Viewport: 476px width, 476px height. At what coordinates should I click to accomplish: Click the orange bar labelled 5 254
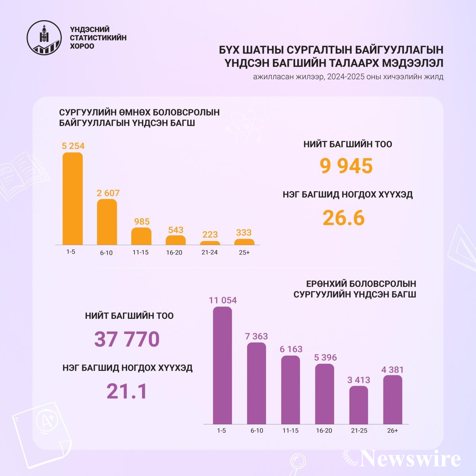click(x=73, y=199)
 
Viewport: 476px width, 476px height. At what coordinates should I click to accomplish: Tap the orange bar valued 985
click(x=141, y=236)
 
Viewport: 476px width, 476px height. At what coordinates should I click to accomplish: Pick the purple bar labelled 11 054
click(x=222, y=365)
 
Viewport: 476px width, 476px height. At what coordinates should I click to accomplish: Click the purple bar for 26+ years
click(x=393, y=400)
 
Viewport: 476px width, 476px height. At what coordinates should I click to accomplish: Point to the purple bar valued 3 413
click(x=359, y=405)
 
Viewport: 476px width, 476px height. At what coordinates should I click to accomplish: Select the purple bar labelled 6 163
click(x=291, y=390)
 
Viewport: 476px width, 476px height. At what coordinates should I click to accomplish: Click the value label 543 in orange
click(x=176, y=230)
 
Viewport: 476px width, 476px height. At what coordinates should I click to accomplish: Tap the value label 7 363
click(x=257, y=336)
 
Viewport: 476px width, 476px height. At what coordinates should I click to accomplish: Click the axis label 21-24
click(x=209, y=252)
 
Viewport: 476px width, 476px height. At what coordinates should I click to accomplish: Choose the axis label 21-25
click(x=359, y=431)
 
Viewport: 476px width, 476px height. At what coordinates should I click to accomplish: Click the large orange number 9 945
click(x=347, y=166)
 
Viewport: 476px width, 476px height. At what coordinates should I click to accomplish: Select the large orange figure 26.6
click(x=344, y=218)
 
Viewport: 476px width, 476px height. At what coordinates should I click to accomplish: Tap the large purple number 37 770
click(x=127, y=339)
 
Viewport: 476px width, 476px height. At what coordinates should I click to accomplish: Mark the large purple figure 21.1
click(x=127, y=391)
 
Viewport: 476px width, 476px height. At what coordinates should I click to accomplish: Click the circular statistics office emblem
click(x=44, y=38)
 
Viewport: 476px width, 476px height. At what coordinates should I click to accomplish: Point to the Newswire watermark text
click(x=411, y=459)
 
